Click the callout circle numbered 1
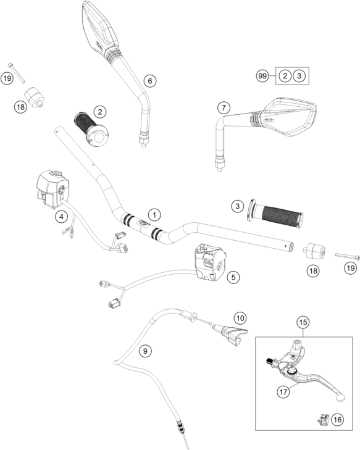[154, 214]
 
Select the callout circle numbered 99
[263, 76]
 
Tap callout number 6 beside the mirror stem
[149, 80]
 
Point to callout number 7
[222, 108]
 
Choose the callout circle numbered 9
[145, 351]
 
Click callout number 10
[240, 318]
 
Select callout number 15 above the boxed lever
[303, 322]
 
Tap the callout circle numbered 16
[337, 420]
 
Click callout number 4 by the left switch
[61, 217]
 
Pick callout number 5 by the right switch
[232, 278]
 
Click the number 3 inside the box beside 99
[299, 76]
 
